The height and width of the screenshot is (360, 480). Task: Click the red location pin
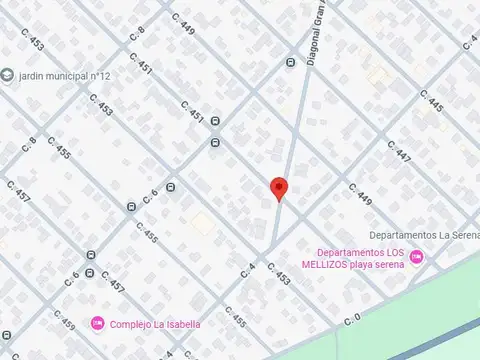point(280,187)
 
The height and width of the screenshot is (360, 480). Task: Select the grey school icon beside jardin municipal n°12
point(8,77)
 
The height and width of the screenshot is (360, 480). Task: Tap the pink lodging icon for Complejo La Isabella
point(98,323)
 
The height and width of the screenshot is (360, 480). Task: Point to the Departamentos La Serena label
point(424,235)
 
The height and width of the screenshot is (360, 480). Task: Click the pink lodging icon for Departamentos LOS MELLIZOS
point(417,259)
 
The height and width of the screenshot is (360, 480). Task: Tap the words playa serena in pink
point(388,265)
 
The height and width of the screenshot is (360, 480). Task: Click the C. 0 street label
point(351,320)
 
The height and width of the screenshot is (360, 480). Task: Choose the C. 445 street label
point(433,101)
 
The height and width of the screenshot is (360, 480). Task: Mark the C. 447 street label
point(397,153)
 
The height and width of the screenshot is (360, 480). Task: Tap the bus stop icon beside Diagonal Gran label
point(291,62)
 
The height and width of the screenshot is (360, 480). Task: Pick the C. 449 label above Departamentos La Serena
point(360,192)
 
